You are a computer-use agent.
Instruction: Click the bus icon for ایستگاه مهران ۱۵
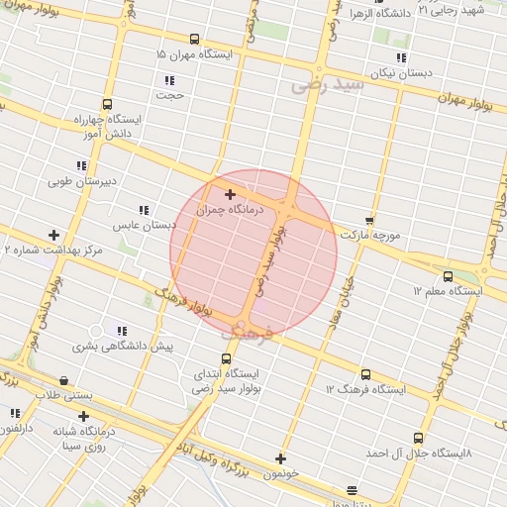(194, 40)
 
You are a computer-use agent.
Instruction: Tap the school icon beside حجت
(170, 80)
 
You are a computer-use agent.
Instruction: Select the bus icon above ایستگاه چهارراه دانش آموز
(107, 104)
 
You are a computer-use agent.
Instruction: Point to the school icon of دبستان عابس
(144, 210)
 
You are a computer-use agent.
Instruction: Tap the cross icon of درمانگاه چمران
(231, 194)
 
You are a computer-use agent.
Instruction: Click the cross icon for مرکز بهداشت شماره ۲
(53, 235)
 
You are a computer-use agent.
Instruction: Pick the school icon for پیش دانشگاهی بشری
(122, 331)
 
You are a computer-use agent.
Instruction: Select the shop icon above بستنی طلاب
(64, 380)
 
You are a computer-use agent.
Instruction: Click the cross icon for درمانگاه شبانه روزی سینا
(83, 416)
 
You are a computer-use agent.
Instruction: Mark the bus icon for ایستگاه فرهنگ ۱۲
(366, 374)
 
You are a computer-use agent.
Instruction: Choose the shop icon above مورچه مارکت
(370, 221)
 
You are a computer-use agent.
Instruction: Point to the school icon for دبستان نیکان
(401, 57)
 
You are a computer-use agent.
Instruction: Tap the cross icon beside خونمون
(281, 458)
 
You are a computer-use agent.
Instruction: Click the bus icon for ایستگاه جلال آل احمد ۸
(418, 437)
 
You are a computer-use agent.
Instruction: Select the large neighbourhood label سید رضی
(328, 86)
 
